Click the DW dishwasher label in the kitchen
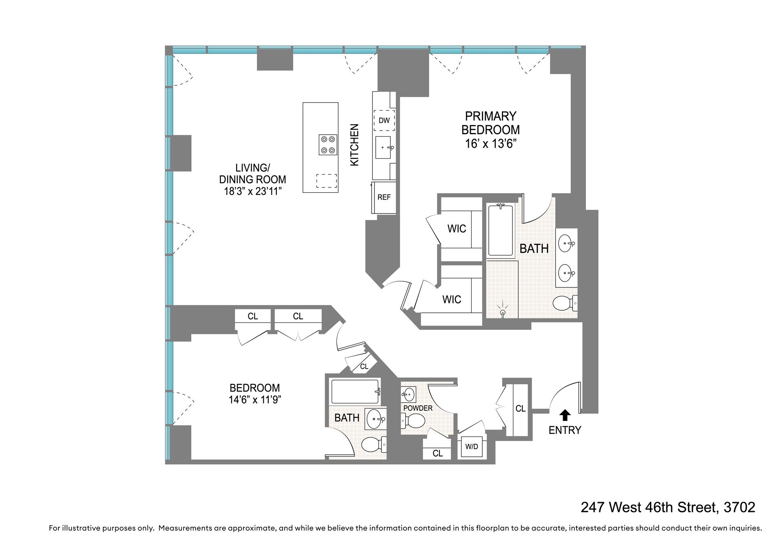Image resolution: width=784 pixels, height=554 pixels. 384,120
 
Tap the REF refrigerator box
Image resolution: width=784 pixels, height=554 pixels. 384,198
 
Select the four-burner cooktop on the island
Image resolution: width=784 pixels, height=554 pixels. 328,145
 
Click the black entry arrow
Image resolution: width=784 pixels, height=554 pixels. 565,415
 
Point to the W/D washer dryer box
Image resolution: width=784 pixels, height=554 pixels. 471,447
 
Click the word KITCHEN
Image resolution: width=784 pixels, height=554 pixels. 354,145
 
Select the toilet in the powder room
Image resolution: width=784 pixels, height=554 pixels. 413,420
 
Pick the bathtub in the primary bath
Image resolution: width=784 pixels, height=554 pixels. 501,231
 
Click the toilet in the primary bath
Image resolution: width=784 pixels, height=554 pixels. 565,303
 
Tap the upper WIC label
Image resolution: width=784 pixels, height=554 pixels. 457,229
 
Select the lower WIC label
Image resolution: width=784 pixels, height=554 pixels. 452,300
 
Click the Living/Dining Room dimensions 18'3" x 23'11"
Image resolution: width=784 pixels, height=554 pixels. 252,191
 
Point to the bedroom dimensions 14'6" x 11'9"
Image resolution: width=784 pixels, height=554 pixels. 254,400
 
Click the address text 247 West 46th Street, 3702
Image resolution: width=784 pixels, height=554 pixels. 668,507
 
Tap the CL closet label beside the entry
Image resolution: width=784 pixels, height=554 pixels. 520,409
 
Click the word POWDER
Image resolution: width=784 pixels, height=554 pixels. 417,408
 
